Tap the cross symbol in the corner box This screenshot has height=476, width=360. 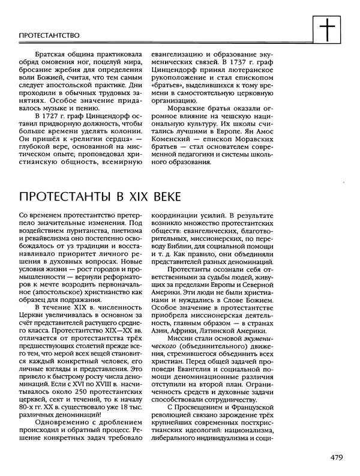click(x=326, y=30)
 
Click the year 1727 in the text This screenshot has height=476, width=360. click(x=51, y=115)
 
